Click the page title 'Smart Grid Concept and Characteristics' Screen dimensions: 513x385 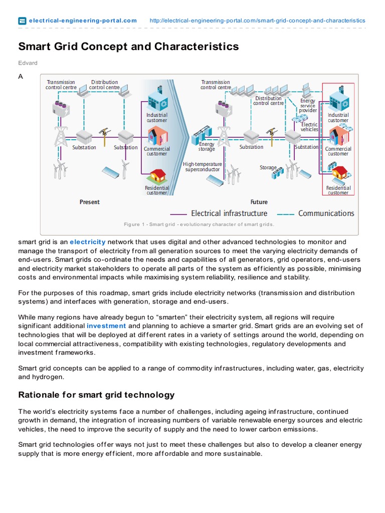(x=128, y=47)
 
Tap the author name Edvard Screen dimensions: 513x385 (x=28, y=63)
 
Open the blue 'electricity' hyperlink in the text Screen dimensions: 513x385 (x=87, y=242)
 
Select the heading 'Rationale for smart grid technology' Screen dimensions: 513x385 (x=96, y=395)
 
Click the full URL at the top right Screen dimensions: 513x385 (x=258, y=21)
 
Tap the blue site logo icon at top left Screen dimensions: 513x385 (x=22, y=21)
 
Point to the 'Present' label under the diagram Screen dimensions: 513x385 (x=89, y=202)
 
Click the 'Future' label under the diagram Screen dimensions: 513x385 (x=259, y=202)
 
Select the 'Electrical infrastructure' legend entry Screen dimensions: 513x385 (x=229, y=213)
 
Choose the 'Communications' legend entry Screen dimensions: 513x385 (x=326, y=213)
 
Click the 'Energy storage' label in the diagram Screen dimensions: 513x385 (x=207, y=147)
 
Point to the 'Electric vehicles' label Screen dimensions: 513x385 (x=309, y=127)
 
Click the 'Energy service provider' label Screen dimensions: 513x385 (x=308, y=106)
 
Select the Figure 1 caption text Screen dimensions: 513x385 (x=199, y=224)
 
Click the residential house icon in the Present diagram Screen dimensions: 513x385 (x=157, y=176)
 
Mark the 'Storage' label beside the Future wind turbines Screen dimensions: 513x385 (x=268, y=167)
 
